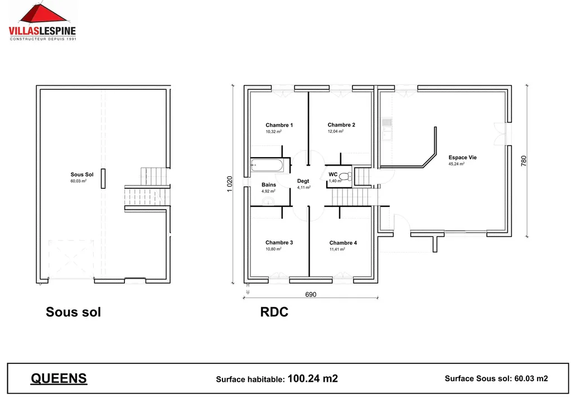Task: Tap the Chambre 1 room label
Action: click(279, 125)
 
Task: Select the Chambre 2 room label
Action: click(341, 125)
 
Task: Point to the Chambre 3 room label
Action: click(279, 242)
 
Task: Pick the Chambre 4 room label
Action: click(343, 242)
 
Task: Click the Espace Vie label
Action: click(462, 157)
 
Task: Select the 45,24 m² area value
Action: click(456, 164)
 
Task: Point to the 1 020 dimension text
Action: click(230, 185)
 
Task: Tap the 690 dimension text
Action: click(311, 294)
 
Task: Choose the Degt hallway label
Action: click(303, 181)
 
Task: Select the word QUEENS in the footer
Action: click(59, 378)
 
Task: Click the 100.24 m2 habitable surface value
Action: click(312, 378)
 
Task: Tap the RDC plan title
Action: click(274, 312)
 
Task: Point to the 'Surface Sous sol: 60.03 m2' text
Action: click(496, 378)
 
